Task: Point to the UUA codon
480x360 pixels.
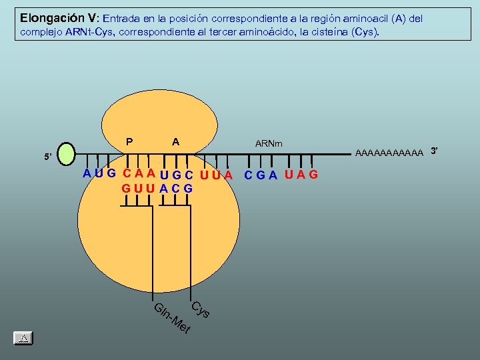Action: point(216,175)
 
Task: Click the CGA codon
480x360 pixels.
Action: point(261,175)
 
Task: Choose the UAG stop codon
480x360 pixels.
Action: point(301,175)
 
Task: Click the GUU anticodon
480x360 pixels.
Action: point(138,189)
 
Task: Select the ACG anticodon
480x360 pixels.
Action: point(177,189)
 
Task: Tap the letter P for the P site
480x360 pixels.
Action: point(129,141)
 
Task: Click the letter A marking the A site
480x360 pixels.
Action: point(175,141)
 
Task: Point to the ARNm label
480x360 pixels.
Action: point(269,143)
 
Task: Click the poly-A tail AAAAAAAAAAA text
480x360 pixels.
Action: point(389,154)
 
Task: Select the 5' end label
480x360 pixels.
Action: point(47,158)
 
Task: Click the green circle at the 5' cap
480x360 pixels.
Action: point(67,153)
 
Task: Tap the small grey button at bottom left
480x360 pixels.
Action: point(23,337)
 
